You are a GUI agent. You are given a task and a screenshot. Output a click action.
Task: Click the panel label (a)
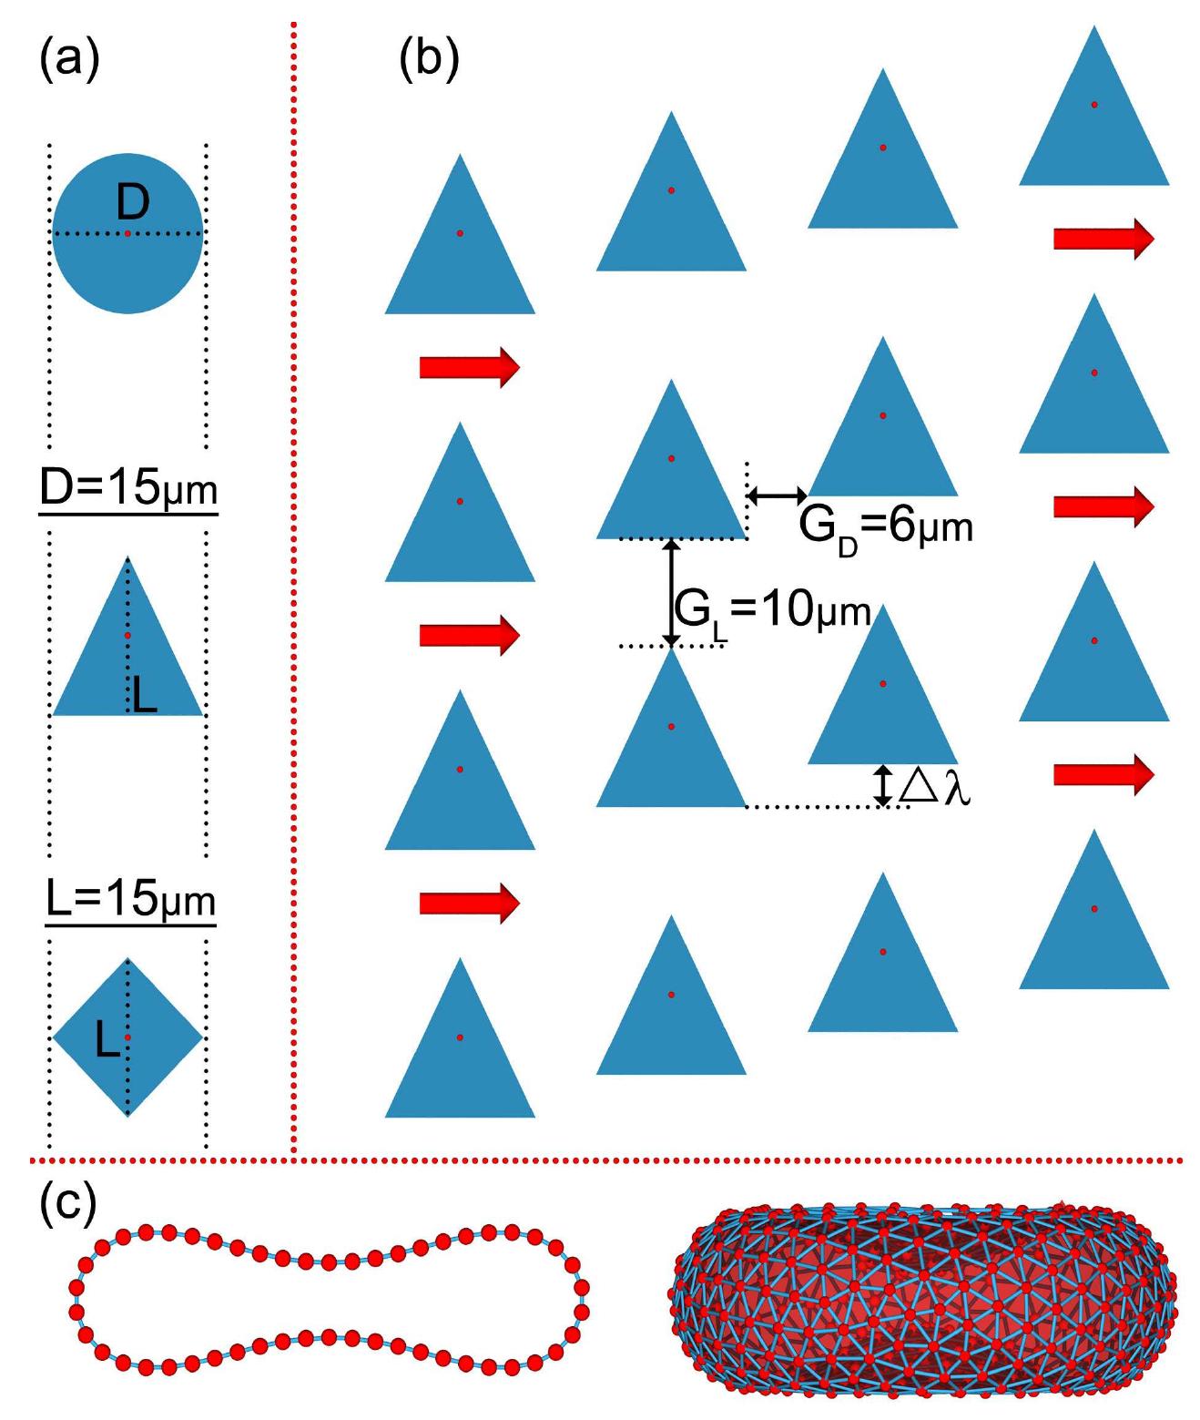[69, 61]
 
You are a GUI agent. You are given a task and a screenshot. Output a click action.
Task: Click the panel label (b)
[429, 61]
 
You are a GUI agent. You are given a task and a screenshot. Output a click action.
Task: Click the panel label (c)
[69, 1203]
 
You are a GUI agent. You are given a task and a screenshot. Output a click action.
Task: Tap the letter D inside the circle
[133, 202]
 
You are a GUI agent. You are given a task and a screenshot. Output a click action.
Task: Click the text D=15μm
[128, 489]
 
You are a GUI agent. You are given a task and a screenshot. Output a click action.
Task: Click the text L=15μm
[130, 901]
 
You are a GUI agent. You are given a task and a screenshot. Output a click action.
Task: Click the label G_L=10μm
[773, 610]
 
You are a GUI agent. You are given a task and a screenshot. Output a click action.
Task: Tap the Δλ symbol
[934, 786]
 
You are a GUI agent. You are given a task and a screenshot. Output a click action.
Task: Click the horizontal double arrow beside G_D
[777, 495]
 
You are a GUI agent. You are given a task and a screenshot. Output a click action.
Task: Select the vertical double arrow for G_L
[671, 592]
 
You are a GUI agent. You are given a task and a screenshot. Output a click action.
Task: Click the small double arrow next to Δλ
[882, 785]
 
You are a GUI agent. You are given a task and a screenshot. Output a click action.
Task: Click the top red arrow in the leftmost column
[469, 367]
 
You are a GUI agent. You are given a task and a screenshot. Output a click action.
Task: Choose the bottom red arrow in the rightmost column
[1103, 774]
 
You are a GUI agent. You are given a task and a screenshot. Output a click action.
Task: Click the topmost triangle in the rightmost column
[1093, 118]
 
